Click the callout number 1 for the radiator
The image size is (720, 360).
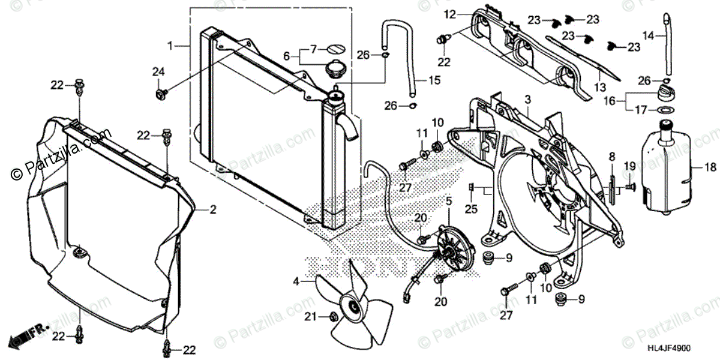point(170,46)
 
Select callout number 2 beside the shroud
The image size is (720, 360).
point(212,209)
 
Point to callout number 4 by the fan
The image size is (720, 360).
point(296,280)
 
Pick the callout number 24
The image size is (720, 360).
point(158,72)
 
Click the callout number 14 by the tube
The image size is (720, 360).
point(647,36)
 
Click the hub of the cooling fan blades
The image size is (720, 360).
point(354,308)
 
